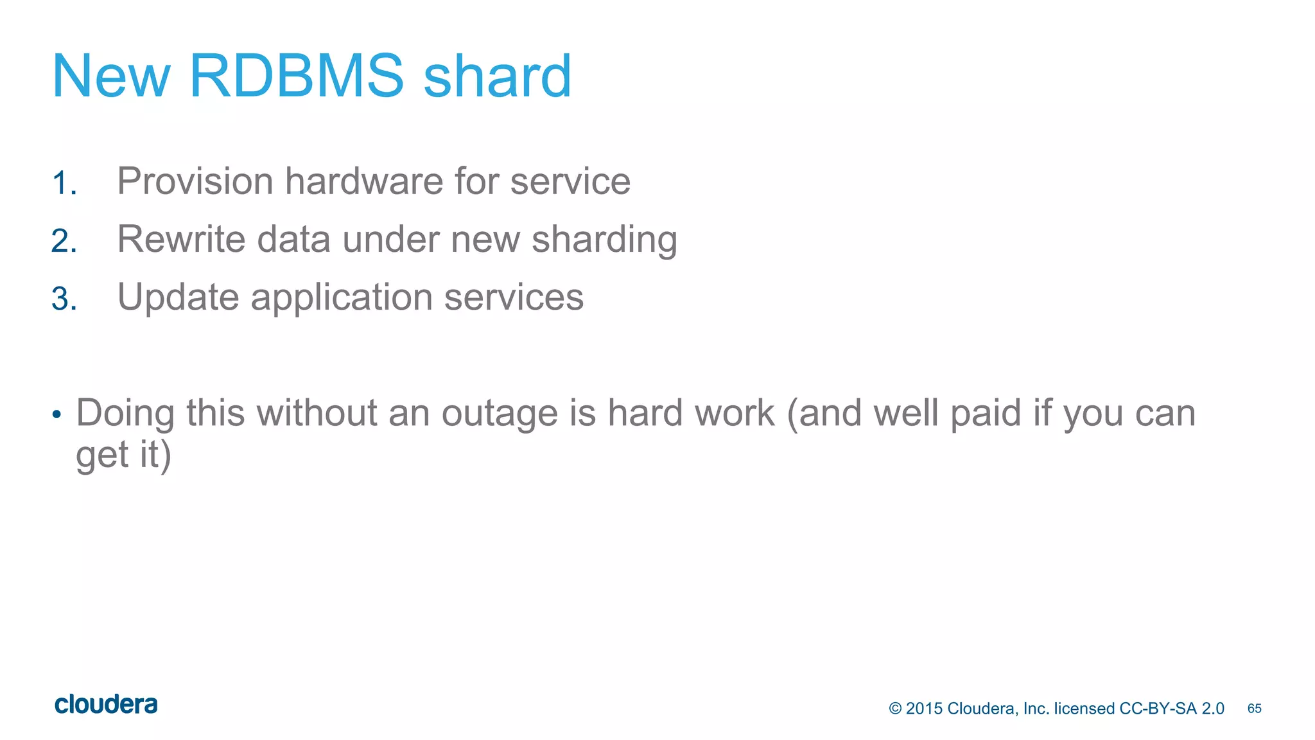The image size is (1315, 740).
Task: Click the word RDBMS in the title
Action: pyautogui.click(x=297, y=76)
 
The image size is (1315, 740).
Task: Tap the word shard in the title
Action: pyautogui.click(x=497, y=76)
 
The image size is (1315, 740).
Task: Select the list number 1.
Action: pyautogui.click(x=64, y=183)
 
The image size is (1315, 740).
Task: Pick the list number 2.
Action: pyautogui.click(x=64, y=241)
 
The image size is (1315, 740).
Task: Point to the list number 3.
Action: pyautogui.click(x=64, y=299)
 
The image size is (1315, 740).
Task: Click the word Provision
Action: pyautogui.click(x=195, y=181)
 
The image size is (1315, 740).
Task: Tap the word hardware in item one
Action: pyautogui.click(x=363, y=181)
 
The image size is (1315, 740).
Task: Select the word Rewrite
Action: pyautogui.click(x=182, y=239)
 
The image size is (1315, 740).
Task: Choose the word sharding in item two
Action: pyautogui.click(x=604, y=240)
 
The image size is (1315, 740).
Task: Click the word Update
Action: pyautogui.click(x=178, y=297)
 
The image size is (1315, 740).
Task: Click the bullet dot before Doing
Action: pyautogui.click(x=57, y=414)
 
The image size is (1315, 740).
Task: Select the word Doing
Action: pyautogui.click(x=125, y=414)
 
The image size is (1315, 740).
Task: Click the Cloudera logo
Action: pyautogui.click(x=106, y=705)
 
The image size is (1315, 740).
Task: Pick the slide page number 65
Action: pyautogui.click(x=1254, y=709)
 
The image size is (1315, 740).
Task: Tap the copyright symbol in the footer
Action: pyautogui.click(x=895, y=709)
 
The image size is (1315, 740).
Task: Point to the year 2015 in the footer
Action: pyautogui.click(x=924, y=709)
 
